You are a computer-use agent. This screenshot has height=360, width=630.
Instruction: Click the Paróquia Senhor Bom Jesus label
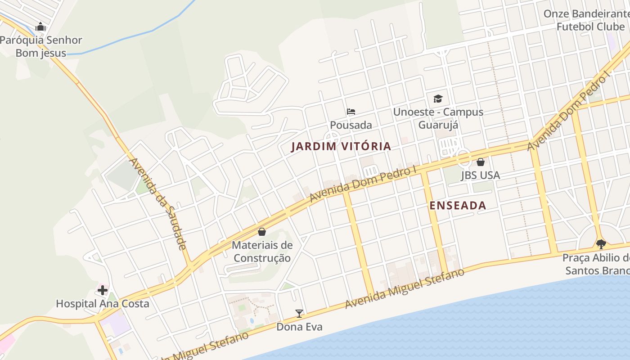[41, 46]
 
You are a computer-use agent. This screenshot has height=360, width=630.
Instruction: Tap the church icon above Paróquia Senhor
[40, 27]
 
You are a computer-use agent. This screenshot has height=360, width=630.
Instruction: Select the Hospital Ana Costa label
[102, 304]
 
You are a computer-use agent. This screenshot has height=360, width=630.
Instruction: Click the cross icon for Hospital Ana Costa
[103, 290]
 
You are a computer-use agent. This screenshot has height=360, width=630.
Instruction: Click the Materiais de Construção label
[262, 252]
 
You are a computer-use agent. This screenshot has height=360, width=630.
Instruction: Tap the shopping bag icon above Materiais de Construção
[262, 232]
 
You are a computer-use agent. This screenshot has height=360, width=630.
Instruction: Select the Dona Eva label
[299, 327]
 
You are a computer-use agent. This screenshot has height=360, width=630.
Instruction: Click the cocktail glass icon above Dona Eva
[299, 313]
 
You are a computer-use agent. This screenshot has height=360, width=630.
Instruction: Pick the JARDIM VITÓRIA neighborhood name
[341, 146]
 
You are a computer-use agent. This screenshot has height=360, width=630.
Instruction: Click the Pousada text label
[351, 125]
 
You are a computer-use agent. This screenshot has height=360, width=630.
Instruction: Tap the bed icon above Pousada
[351, 112]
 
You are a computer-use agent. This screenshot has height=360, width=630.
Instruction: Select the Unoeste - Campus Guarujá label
[438, 118]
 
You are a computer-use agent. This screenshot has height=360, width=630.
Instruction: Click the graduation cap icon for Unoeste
[438, 99]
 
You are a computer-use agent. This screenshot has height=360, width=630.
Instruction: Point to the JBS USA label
[480, 175]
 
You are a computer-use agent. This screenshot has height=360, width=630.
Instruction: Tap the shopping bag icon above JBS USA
[481, 162]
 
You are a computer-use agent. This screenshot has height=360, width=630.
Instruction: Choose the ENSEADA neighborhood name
[458, 206]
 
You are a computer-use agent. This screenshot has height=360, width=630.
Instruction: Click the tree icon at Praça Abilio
[601, 244]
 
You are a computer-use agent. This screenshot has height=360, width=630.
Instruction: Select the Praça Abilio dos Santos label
[597, 264]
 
